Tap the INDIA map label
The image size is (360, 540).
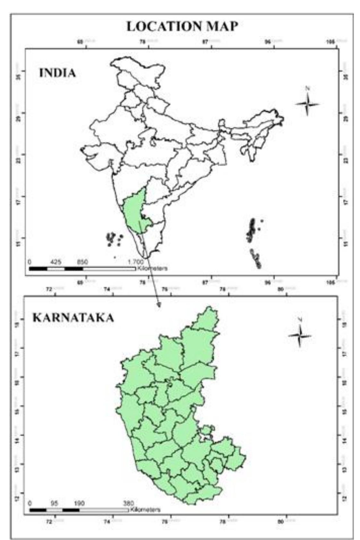[x=57, y=73]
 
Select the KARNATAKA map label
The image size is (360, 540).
[x=73, y=318]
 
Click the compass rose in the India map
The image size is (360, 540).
[x=307, y=104]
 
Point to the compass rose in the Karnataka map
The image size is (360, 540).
[x=300, y=336]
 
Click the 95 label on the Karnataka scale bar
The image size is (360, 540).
[x=55, y=503]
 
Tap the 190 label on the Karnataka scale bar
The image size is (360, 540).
[x=79, y=503]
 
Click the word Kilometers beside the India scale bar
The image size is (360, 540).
[x=152, y=268]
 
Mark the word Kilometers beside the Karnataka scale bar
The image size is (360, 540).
[x=145, y=510]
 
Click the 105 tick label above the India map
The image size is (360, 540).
[x=330, y=42]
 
